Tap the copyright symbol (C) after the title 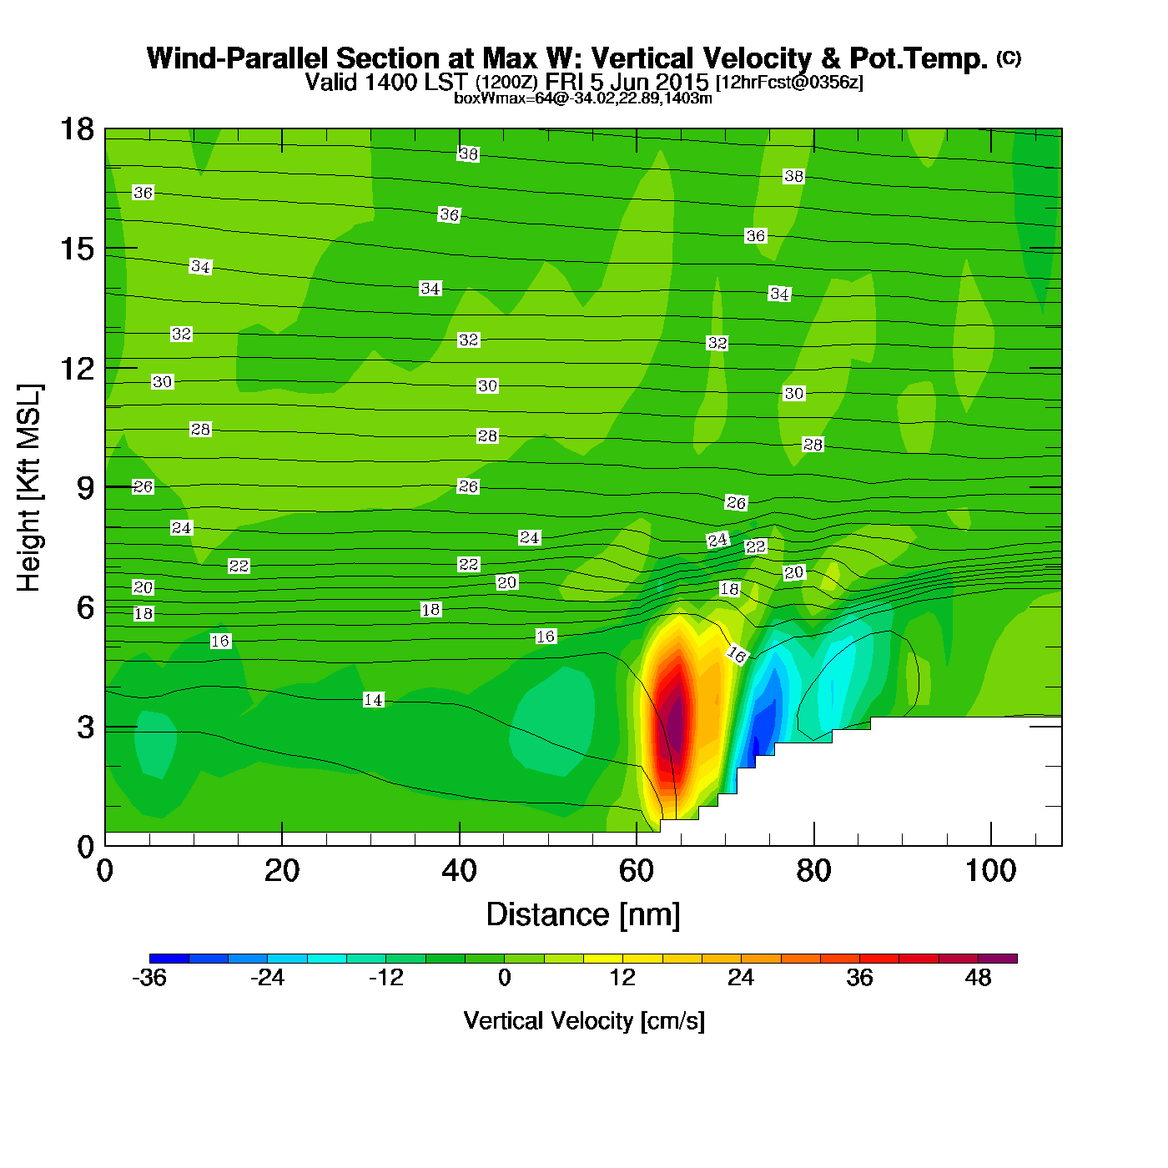1009,58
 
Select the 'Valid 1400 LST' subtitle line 583,82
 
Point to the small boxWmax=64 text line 582,98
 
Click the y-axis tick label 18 76,129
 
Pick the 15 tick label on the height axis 76,249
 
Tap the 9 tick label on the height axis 85,488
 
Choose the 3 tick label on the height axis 85,727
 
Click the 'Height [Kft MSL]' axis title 29,488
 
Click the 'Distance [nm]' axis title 583,915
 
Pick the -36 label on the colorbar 149,978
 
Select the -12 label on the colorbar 385,978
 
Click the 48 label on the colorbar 978,978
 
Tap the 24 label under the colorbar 741,978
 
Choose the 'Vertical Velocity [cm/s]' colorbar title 584,1021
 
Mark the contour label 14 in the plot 374,700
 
